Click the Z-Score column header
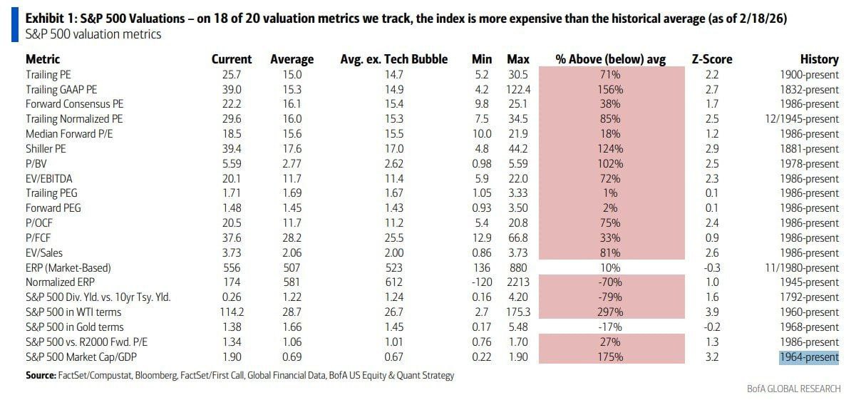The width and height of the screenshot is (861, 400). [711, 59]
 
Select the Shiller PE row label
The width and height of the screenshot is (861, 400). [49, 148]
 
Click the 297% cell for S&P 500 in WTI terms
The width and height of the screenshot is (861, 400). [611, 312]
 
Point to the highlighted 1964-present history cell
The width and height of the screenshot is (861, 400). [809, 357]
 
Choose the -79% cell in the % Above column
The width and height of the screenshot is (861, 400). [611, 297]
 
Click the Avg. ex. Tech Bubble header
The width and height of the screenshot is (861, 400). [393, 59]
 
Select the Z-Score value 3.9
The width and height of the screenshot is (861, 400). [711, 312]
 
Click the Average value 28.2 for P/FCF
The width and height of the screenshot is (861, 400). [292, 237]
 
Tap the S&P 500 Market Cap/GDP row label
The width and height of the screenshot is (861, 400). [81, 357]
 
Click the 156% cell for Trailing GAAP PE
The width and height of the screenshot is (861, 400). [611, 89]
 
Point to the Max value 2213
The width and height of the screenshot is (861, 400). [518, 282]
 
